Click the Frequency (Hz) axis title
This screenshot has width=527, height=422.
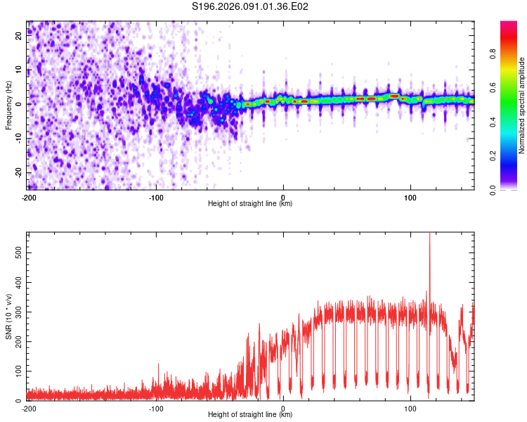coord(8,105)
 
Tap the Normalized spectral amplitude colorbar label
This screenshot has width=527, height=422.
coord(522,105)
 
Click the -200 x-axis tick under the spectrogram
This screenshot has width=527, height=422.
coord(29,197)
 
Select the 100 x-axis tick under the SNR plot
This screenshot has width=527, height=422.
coord(410,408)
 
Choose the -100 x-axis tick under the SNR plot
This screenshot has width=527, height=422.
coord(156,408)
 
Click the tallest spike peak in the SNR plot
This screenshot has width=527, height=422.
coord(429,234)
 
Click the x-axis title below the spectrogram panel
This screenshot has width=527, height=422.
coord(250,204)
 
